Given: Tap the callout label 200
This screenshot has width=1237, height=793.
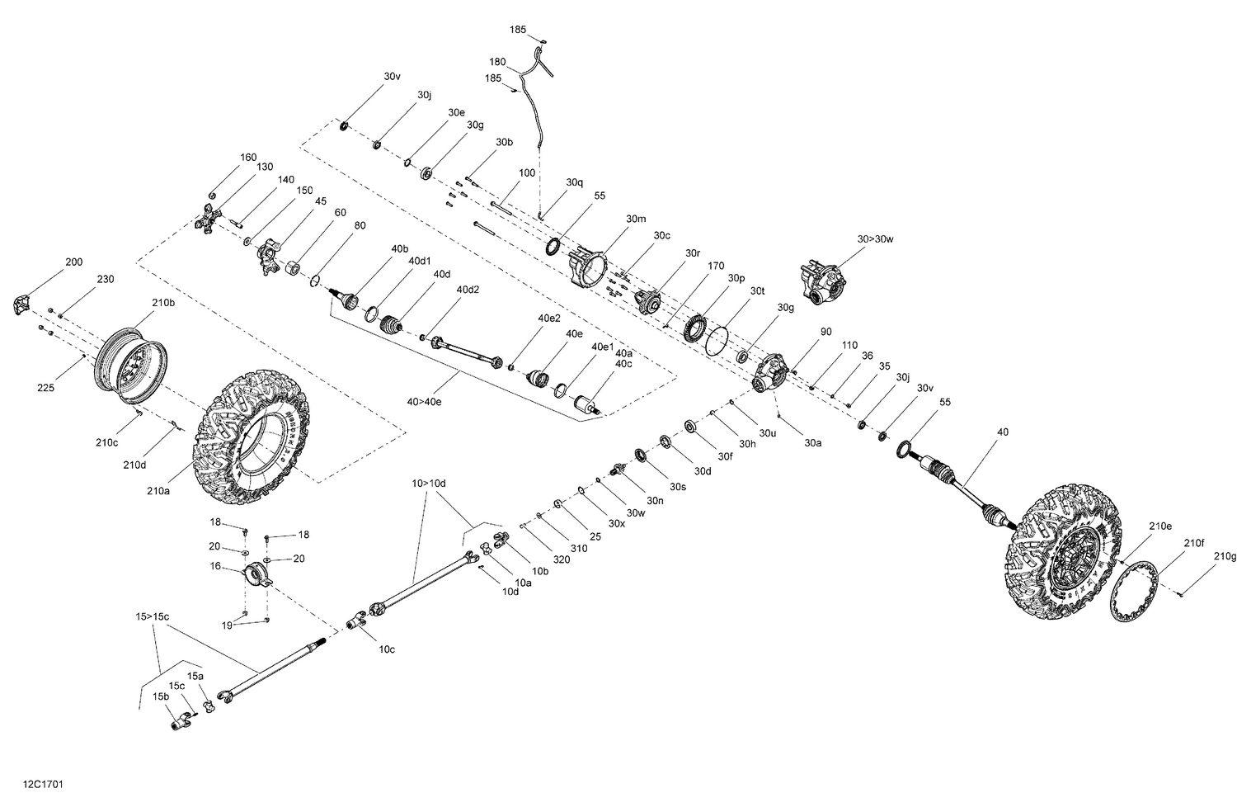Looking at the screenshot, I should [x=74, y=262].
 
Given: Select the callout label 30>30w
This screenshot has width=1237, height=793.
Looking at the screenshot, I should [x=875, y=238].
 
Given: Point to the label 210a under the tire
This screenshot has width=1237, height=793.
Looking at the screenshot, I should [x=158, y=491].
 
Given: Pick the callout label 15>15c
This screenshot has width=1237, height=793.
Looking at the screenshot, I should [x=153, y=616].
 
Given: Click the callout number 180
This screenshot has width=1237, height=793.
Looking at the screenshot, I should [x=497, y=62].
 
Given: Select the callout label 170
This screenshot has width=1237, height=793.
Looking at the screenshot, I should [x=715, y=266].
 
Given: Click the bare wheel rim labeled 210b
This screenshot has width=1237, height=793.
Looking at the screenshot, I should [x=132, y=363].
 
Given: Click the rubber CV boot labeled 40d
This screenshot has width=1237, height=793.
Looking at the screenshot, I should [x=388, y=324].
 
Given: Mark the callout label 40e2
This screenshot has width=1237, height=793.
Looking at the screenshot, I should [x=549, y=318].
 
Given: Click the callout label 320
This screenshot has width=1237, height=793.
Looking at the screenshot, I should [x=562, y=559].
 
